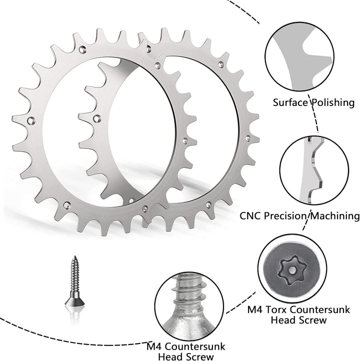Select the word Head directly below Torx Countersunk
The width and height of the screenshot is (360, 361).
(283, 319)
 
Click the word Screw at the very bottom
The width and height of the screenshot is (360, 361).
(200, 356)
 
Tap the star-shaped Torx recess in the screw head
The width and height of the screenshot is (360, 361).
(291, 268)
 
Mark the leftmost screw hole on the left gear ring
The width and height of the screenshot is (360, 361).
(32, 120)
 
